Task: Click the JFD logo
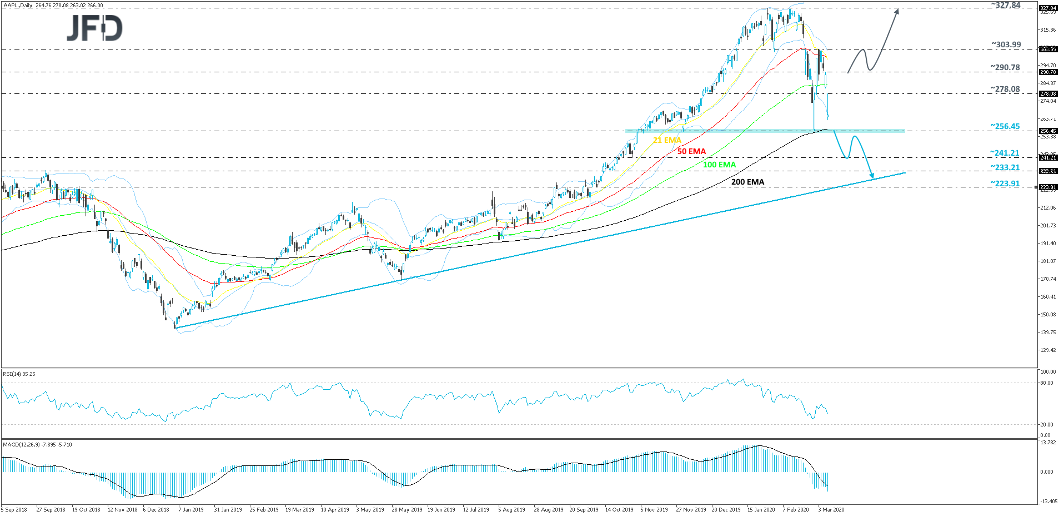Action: (x=95, y=28)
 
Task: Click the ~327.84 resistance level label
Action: (x=1006, y=6)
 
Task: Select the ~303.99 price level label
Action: (x=1006, y=45)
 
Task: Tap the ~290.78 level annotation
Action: (x=1005, y=68)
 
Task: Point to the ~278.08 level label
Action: (x=1005, y=90)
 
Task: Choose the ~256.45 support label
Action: (x=1005, y=127)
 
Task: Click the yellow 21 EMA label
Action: (x=667, y=141)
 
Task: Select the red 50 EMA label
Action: (x=691, y=152)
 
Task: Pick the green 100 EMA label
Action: (x=719, y=165)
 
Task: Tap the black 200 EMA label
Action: (x=747, y=182)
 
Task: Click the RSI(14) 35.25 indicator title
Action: (x=19, y=374)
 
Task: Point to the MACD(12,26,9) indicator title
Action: (x=37, y=445)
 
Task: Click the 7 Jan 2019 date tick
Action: (x=191, y=510)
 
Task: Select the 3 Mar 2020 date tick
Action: (x=831, y=510)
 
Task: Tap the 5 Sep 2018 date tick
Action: (x=14, y=510)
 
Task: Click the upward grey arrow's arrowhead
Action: (x=897, y=10)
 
